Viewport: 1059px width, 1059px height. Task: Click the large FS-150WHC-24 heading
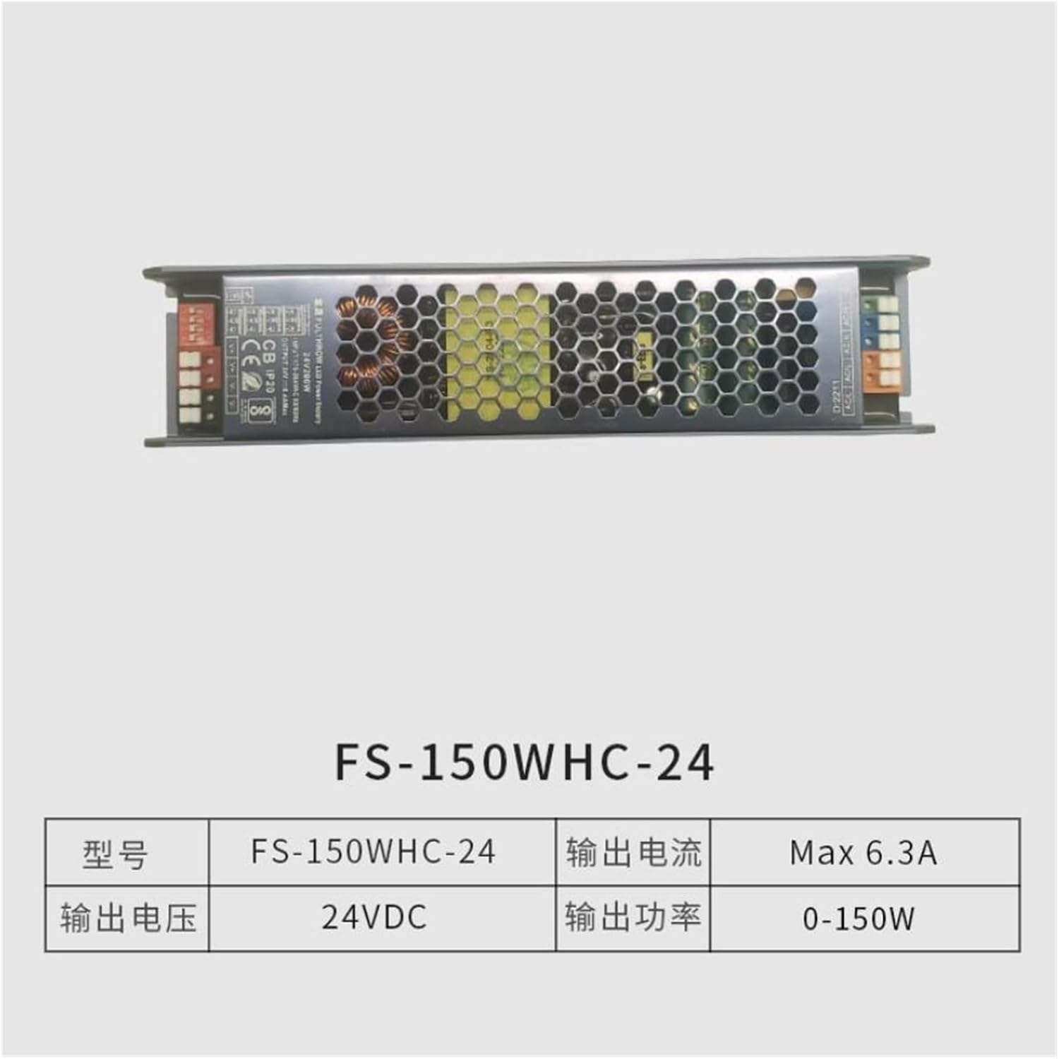[x=525, y=762]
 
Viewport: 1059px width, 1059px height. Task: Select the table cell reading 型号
[x=115, y=854]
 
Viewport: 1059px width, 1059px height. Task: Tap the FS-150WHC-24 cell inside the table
[x=373, y=852]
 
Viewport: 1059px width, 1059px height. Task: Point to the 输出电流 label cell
[x=633, y=852]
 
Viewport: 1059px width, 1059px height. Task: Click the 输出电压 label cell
[x=128, y=919]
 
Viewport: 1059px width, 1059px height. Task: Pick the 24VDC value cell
[x=374, y=918]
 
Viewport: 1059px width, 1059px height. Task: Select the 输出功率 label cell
[x=633, y=918]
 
